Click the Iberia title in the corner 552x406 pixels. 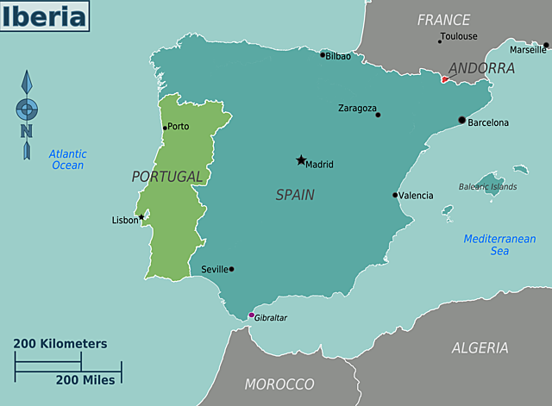(x=45, y=16)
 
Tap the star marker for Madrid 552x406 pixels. (x=301, y=160)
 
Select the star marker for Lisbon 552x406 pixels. (x=141, y=217)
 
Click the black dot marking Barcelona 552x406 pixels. (x=461, y=120)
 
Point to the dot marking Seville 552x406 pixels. (x=231, y=269)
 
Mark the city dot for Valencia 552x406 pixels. (x=395, y=195)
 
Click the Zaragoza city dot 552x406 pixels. (x=378, y=115)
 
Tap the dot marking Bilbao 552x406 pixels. (x=323, y=55)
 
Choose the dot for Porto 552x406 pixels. (x=165, y=128)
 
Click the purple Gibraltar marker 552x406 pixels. (x=251, y=315)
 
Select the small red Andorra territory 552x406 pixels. (x=445, y=79)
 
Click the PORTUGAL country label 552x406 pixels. (x=167, y=177)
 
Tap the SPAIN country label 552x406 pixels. (x=295, y=195)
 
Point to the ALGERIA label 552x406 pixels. (x=480, y=347)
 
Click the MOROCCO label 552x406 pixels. (x=279, y=384)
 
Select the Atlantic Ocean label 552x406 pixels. (x=67, y=159)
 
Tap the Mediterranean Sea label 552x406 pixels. (x=499, y=245)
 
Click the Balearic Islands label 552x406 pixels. (x=487, y=186)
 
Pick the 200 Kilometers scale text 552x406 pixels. (x=60, y=343)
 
